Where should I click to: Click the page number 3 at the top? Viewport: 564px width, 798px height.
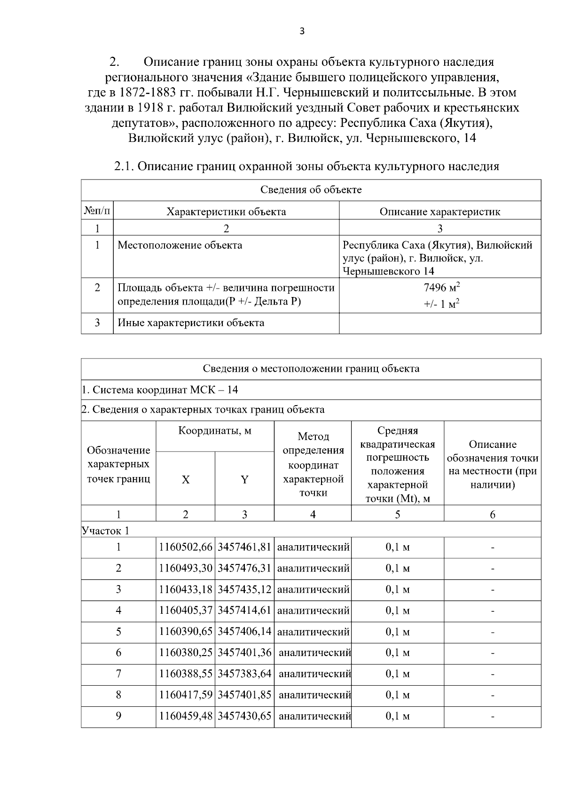point(302,31)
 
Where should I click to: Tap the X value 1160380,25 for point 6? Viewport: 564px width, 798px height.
point(186,652)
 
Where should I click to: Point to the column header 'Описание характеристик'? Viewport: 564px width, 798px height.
point(440,211)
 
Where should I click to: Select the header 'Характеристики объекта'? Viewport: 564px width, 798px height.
point(226,211)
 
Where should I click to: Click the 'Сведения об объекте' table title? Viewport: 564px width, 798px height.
point(311,190)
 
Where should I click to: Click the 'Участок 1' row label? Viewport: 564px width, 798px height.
point(105,531)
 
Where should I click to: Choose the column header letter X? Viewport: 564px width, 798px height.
point(186,479)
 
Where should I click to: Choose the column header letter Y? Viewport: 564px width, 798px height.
point(244,479)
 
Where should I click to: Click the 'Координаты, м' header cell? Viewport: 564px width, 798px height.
point(215,431)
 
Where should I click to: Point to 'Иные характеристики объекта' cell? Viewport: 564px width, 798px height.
point(191,323)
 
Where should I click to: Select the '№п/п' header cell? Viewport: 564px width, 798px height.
point(97,211)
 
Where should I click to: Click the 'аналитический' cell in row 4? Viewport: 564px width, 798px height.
point(313,610)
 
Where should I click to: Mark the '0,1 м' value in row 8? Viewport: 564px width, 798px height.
point(398,695)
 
